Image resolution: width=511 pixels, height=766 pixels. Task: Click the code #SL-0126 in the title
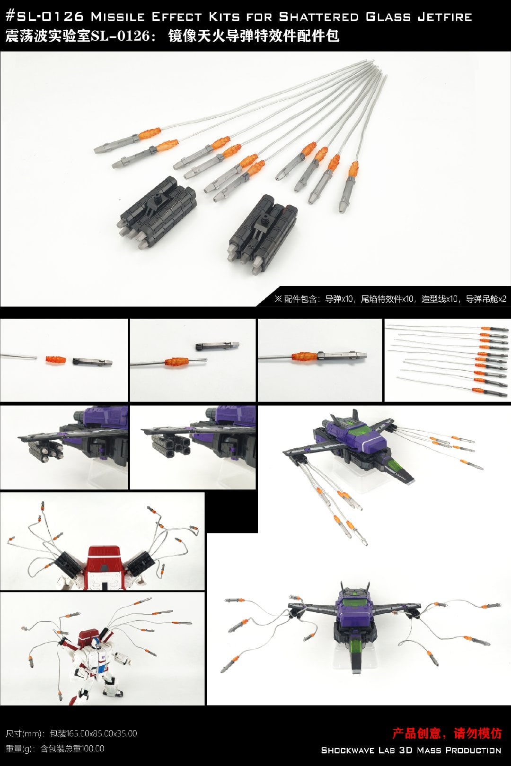click(44, 16)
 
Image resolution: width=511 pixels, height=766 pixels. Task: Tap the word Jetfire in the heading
click(445, 16)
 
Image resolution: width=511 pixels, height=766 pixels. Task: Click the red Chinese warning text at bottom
click(446, 733)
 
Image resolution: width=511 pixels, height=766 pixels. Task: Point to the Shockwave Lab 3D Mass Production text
click(411, 750)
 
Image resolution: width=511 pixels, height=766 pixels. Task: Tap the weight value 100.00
click(92, 749)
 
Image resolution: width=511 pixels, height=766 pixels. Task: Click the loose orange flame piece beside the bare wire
click(55, 360)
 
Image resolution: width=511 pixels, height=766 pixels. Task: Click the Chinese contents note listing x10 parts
click(390, 299)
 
